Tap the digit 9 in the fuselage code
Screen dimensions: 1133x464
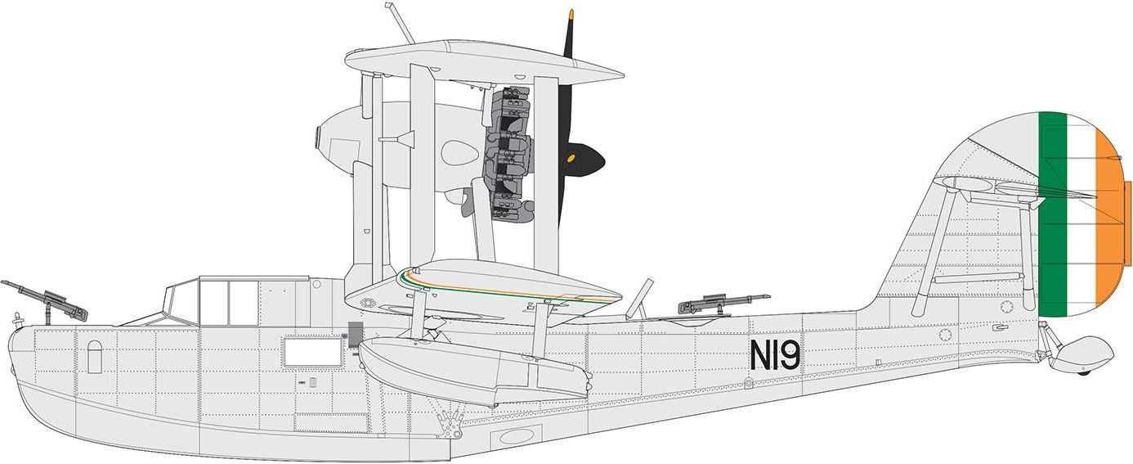click(x=790, y=354)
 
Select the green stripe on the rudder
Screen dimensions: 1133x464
click(x=1052, y=213)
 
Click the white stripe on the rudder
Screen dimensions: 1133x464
click(x=1081, y=213)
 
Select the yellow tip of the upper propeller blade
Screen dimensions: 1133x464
click(x=571, y=14)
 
